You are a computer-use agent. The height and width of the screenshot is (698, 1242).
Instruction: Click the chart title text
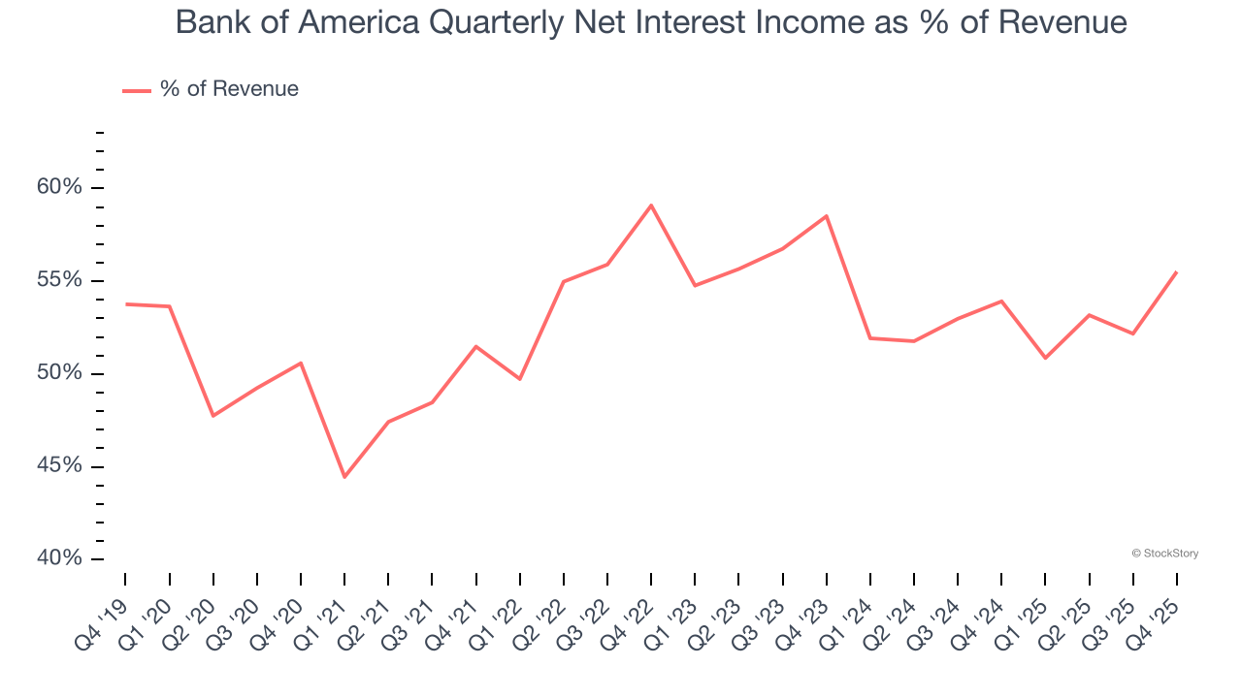point(651,22)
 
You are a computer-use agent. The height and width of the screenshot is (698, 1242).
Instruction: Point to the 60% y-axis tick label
point(59,188)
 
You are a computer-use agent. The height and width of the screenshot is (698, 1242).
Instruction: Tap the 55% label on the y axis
point(59,281)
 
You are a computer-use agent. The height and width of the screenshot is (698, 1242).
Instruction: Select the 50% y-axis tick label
point(59,374)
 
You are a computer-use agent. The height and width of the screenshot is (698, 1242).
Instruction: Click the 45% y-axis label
point(59,466)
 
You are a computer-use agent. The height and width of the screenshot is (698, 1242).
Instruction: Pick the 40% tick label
point(59,559)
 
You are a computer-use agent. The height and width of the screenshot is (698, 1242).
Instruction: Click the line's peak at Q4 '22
point(651,206)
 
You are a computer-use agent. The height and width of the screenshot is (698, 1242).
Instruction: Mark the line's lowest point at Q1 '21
point(344,477)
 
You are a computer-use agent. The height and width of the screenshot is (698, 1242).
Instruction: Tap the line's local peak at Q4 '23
point(827,216)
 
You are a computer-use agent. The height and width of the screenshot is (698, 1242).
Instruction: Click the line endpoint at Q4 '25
point(1177,272)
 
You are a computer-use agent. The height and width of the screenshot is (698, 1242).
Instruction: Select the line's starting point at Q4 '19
point(126,304)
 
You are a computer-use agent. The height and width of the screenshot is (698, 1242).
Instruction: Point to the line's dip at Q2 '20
point(213,416)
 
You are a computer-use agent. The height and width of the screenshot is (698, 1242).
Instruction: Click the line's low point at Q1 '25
point(1045,359)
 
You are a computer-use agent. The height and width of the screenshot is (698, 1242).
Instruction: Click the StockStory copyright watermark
point(1164,554)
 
